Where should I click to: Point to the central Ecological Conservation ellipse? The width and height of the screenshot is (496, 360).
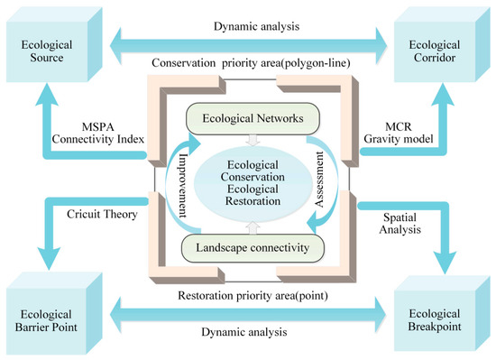tap(247, 181)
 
